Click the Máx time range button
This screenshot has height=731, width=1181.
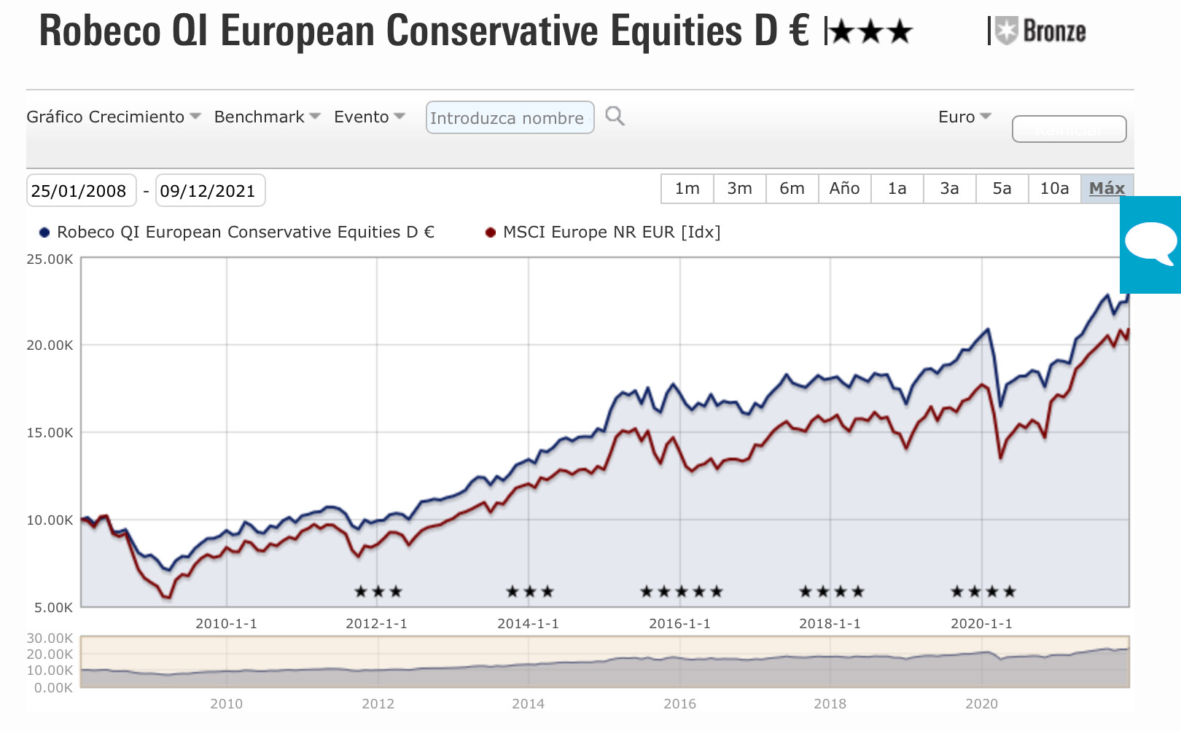click(1107, 189)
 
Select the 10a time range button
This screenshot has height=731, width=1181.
click(1054, 189)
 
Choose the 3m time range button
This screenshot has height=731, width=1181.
click(739, 189)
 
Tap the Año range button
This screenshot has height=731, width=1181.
click(844, 189)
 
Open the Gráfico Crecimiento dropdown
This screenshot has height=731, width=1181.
click(113, 117)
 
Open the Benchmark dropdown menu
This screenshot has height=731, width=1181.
click(267, 117)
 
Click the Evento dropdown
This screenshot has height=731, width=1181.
click(369, 117)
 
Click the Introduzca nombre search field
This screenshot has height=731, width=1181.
click(509, 118)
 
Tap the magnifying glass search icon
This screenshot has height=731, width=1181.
click(615, 117)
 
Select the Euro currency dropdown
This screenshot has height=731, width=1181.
click(964, 117)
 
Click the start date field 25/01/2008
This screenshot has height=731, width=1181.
click(80, 191)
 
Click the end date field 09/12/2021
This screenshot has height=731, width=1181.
click(209, 191)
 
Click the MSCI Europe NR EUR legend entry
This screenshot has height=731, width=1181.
click(611, 232)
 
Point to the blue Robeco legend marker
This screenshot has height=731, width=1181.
click(44, 232)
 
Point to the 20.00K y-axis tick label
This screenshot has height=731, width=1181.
click(50, 345)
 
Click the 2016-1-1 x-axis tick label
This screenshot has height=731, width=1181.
click(679, 624)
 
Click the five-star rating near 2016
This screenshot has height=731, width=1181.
click(681, 592)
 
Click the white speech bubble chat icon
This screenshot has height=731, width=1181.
click(1150, 243)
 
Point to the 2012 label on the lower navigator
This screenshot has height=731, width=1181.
click(378, 704)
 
